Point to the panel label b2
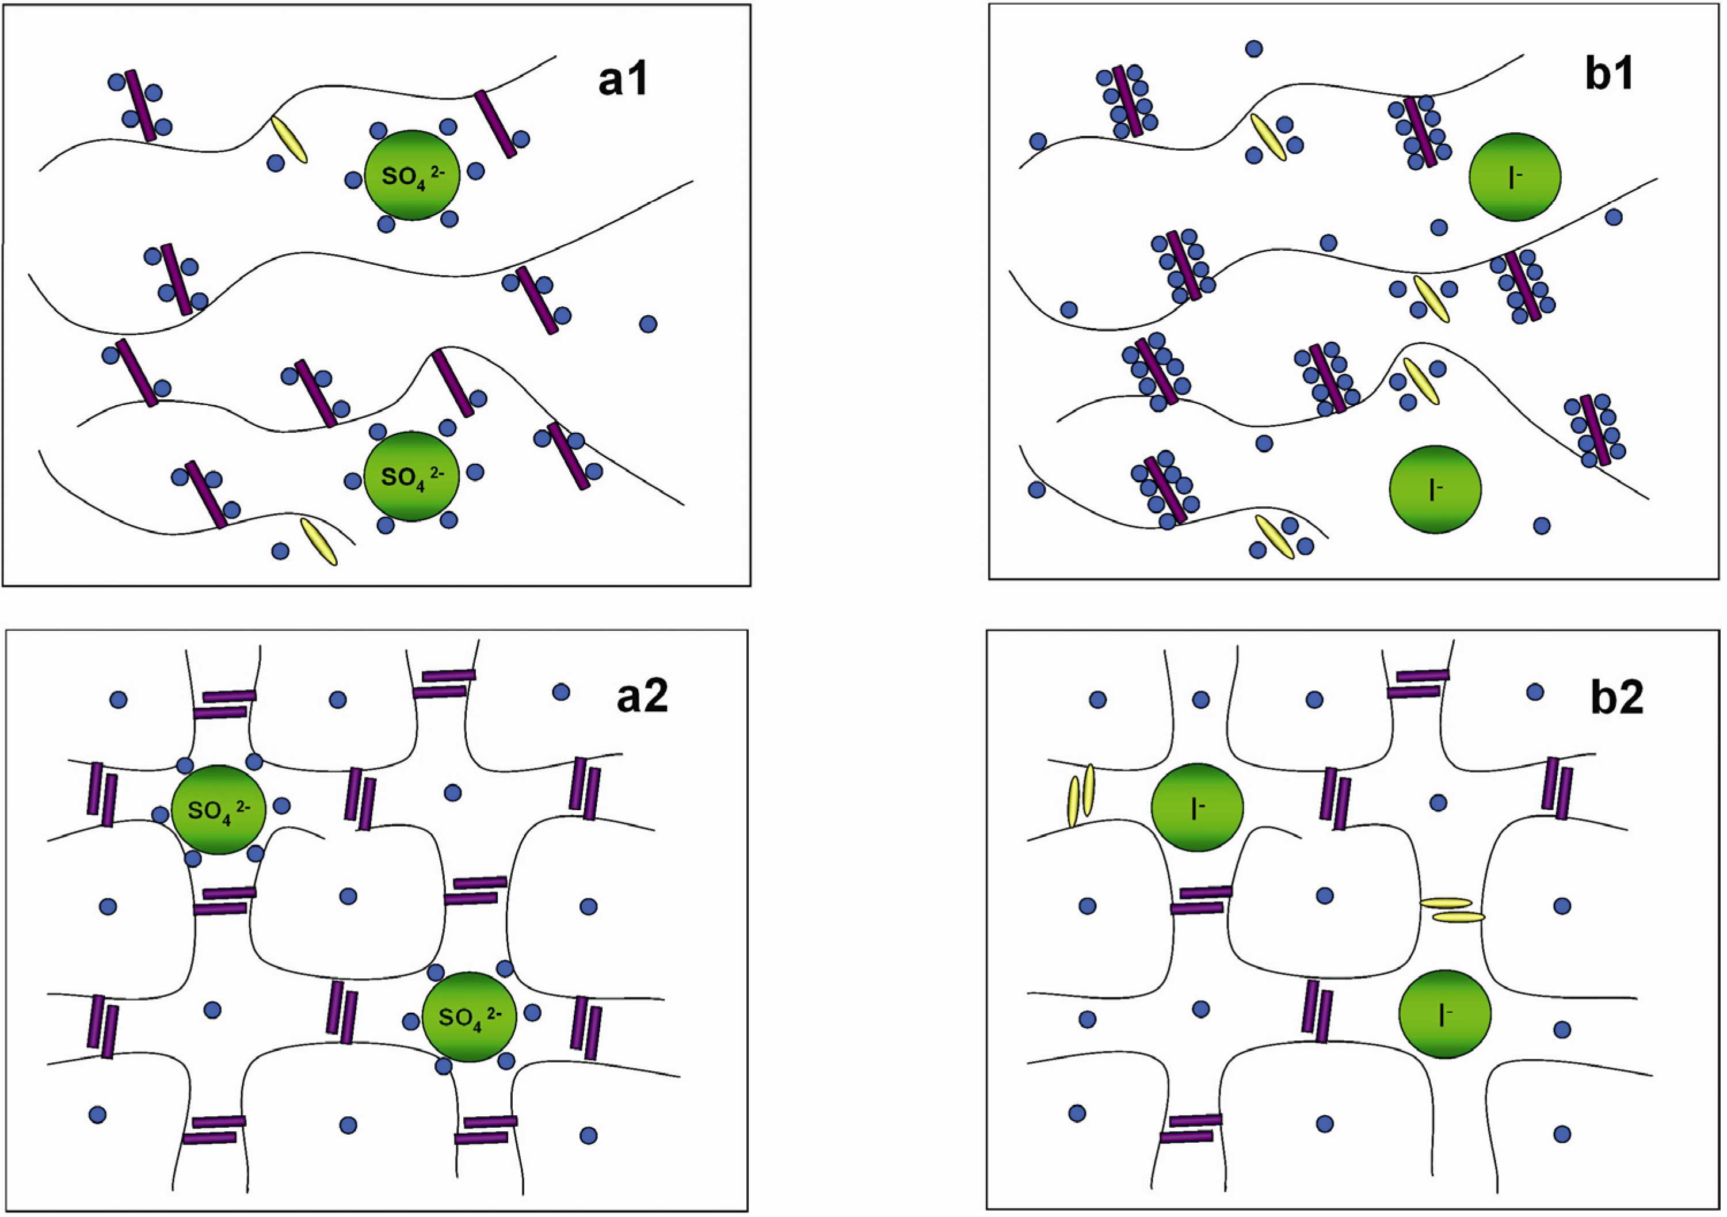1617,697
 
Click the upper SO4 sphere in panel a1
412,176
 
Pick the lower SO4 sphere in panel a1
411,475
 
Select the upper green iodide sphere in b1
1515,177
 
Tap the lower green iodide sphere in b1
1435,489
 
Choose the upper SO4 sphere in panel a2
218,810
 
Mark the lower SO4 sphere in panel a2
470,1016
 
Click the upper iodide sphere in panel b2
1197,807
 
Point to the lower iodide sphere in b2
1445,1014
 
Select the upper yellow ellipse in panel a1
289,139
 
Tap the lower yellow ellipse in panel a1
319,541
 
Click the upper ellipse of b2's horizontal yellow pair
1446,903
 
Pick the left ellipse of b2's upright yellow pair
1074,802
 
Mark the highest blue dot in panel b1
1254,49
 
